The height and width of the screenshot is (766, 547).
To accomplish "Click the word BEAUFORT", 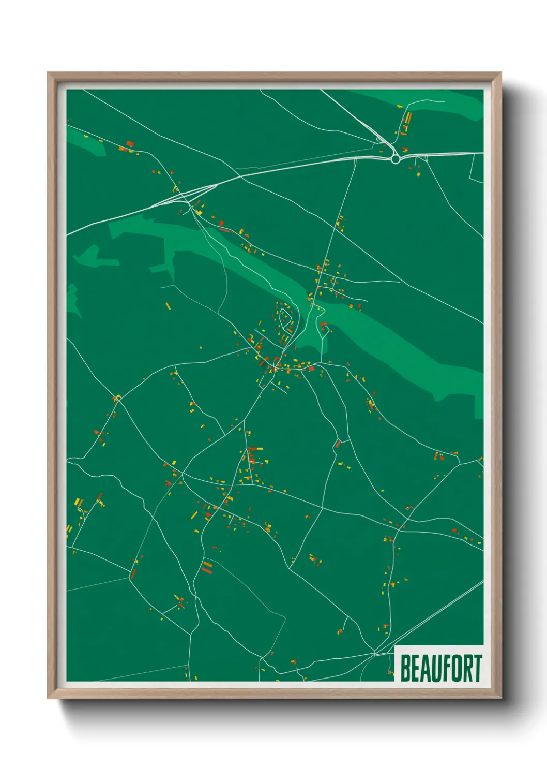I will (x=441, y=668).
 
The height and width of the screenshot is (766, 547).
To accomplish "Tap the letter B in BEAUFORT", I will (x=405, y=668).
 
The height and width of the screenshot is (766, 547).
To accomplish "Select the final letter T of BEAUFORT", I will (x=477, y=668).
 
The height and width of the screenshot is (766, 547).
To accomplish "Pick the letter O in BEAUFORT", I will (x=457, y=668).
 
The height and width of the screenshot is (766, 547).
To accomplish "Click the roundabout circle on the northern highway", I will (x=396, y=159).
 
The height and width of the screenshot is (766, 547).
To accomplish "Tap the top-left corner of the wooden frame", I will (x=48, y=73).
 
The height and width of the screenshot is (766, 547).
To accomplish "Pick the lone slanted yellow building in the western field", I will (x=168, y=306).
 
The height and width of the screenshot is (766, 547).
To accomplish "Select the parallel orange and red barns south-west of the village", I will (x=207, y=567).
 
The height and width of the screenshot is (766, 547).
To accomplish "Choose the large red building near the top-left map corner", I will (x=130, y=143).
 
